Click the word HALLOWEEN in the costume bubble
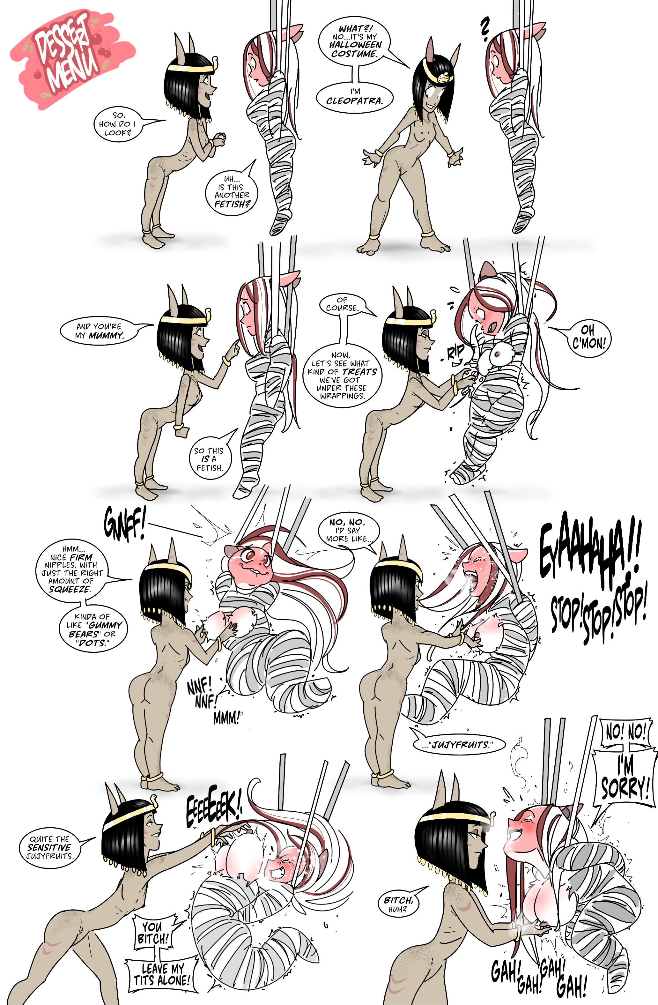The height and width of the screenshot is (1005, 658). pos(355,45)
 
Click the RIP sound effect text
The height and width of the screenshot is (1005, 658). pos(456,352)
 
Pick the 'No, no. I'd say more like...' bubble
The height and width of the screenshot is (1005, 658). pos(349,530)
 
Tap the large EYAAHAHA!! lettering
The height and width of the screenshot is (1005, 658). pos(591,549)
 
